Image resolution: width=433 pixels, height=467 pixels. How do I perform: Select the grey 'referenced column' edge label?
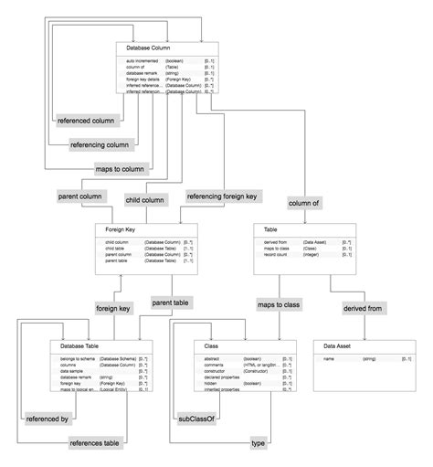click(x=85, y=121)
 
